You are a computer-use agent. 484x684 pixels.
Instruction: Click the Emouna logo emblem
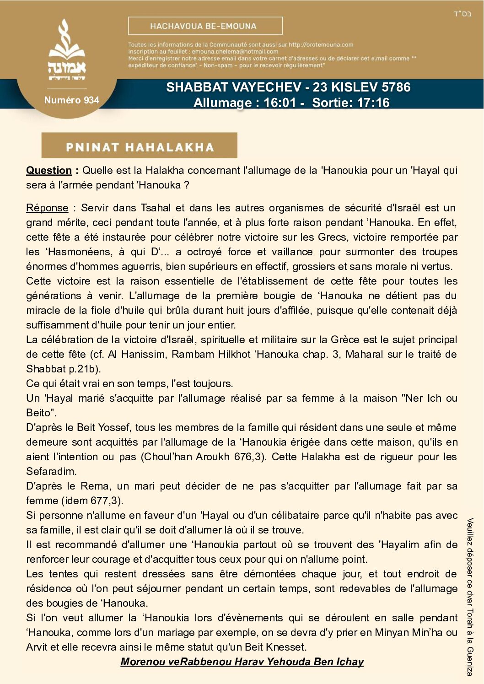click(67, 50)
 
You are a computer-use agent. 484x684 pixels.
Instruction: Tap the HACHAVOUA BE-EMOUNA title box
click(205, 26)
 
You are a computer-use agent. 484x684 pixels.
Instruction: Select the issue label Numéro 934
click(71, 100)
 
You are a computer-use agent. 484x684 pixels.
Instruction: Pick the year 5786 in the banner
click(390, 87)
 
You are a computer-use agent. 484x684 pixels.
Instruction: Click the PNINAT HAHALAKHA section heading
click(140, 147)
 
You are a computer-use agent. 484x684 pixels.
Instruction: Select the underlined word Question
click(49, 171)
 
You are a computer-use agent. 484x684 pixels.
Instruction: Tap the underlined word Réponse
click(47, 208)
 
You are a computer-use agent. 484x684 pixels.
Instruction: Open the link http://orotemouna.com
click(321, 45)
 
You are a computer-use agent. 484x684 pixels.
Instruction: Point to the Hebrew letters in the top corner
click(462, 14)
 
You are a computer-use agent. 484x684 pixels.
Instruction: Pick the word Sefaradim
click(51, 472)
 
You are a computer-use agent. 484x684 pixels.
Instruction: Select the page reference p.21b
click(86, 369)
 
